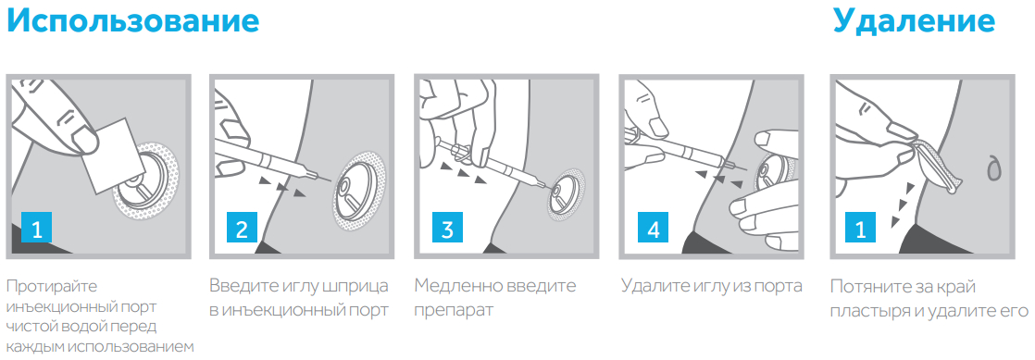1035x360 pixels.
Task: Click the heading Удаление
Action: point(914,22)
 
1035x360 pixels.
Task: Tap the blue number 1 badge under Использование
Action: point(37,230)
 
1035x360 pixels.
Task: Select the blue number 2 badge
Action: point(242,230)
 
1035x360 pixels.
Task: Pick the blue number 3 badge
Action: point(447,230)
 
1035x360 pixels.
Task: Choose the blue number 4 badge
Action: point(653,230)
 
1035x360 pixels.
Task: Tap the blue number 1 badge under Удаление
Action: point(861,230)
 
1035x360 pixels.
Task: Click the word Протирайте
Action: point(51,287)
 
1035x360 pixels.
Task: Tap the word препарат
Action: point(454,311)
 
